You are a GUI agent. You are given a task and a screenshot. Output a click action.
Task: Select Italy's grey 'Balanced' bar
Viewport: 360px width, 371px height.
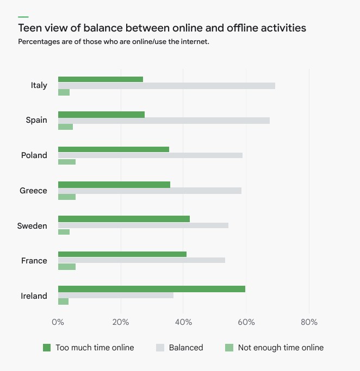click(x=166, y=86)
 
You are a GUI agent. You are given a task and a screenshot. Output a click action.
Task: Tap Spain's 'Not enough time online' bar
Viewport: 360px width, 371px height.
click(x=65, y=127)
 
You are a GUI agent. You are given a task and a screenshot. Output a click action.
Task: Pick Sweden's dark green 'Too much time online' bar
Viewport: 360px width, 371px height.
click(x=124, y=219)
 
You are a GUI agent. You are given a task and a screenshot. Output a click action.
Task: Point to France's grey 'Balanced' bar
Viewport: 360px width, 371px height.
click(x=141, y=260)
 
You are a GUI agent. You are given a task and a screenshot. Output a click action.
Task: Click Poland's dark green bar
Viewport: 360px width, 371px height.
click(x=114, y=149)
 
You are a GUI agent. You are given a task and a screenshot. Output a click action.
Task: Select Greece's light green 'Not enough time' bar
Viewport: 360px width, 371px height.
click(x=67, y=197)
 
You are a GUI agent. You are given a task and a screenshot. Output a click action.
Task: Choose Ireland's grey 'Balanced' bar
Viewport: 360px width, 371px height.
click(x=116, y=295)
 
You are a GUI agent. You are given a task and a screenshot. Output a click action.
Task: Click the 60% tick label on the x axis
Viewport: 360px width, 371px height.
click(x=246, y=322)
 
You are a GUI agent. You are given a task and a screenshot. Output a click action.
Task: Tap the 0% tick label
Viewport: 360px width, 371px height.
click(x=58, y=322)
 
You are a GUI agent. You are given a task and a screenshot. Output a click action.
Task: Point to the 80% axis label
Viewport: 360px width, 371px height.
click(x=309, y=322)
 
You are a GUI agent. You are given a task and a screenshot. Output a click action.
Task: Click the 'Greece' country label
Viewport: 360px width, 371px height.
click(x=33, y=191)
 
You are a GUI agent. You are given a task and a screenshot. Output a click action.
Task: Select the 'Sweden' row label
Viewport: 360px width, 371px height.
click(x=32, y=226)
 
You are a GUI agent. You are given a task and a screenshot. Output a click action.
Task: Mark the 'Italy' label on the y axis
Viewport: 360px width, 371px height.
click(x=39, y=85)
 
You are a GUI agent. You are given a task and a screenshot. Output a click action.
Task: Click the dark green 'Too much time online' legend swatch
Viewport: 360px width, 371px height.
click(x=47, y=348)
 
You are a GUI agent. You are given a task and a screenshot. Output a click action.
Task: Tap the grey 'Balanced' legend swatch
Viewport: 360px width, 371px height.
click(x=160, y=348)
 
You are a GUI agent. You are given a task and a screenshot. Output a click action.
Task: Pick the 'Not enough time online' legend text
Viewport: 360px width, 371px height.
click(x=281, y=348)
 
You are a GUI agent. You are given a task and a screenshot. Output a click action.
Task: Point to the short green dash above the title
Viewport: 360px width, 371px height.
click(x=23, y=17)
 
